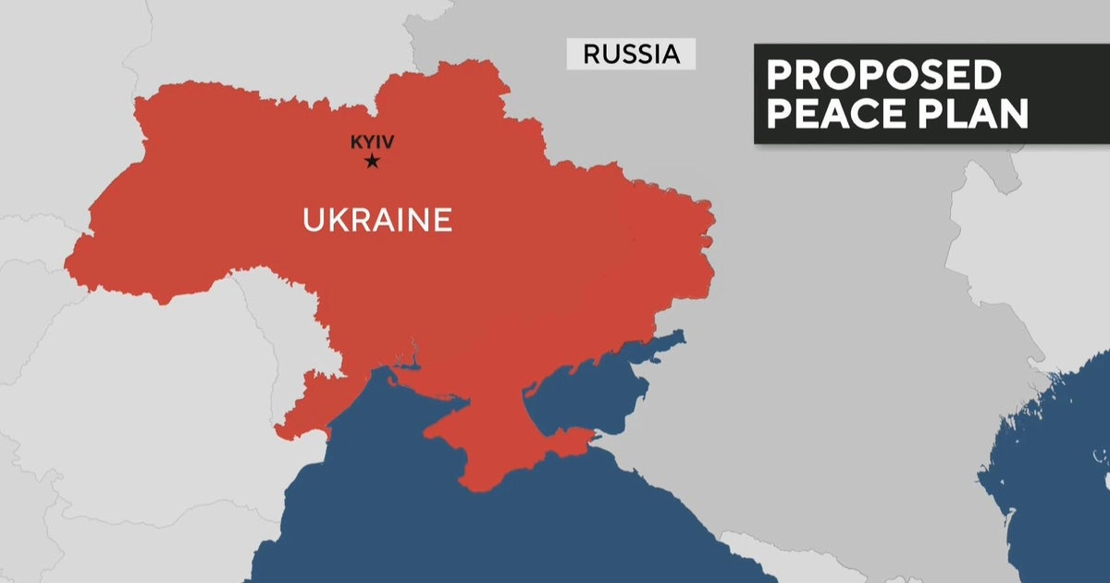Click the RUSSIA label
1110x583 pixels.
click(631, 54)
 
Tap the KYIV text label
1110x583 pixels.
click(372, 143)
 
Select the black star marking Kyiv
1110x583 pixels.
click(372, 162)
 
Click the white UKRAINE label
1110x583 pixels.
click(377, 220)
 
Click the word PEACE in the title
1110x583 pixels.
click(841, 115)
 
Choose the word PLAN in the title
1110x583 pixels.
click(976, 115)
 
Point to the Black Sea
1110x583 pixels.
click(416, 518)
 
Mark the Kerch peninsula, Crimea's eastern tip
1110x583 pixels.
click(569, 440)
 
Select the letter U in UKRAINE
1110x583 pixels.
click(313, 220)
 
